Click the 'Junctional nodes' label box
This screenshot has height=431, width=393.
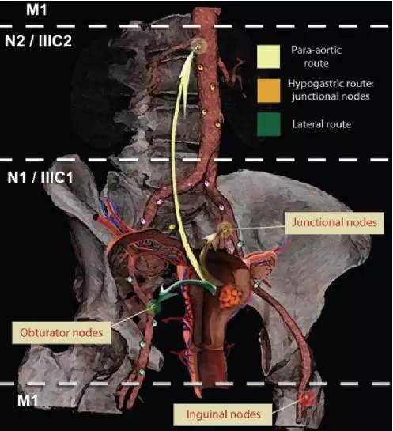pos(334,223)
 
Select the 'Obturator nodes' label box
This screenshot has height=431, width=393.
pos(62,333)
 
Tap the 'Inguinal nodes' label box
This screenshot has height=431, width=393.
pos(223,414)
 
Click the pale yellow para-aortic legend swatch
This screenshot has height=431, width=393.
pos(269,57)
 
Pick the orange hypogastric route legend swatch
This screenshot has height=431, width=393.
pos(269,91)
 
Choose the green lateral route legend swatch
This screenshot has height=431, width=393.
pos(269,124)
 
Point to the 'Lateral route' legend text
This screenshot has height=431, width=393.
pos(322,124)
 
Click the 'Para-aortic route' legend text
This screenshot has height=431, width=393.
pos(316,57)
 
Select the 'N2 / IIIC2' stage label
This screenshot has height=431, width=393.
pos(39,40)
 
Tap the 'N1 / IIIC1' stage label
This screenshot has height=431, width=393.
pos(40,178)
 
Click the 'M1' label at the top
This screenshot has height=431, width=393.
pos(36,10)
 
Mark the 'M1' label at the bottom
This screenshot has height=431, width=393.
pos(28,401)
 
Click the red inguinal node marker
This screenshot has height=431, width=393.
pos(308,399)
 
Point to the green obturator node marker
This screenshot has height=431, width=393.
pos(152,307)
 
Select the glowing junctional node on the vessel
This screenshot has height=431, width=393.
pos(225,229)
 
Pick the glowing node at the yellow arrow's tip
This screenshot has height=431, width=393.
pos(198,45)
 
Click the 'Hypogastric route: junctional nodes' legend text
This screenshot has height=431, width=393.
pos(331,90)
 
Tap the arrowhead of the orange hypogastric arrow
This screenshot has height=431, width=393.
pos(211,237)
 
